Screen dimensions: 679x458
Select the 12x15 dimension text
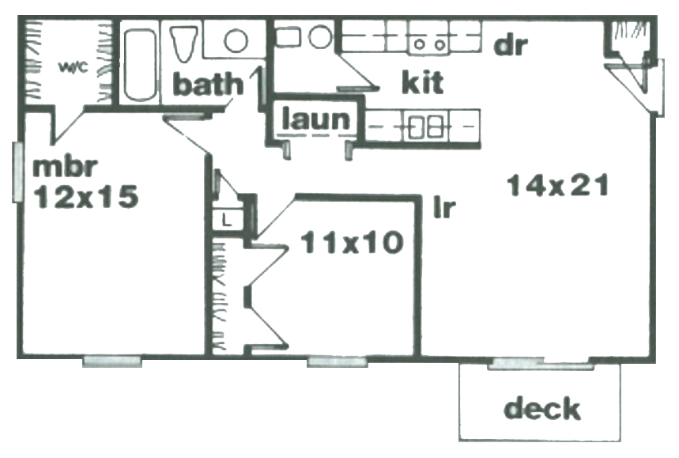point(86,197)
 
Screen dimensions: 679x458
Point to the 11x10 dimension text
point(352,242)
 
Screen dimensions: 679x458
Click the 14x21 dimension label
point(558,185)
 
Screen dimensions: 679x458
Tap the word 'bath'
point(209,84)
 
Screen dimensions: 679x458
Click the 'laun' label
point(315,119)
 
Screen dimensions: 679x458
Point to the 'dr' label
point(511,44)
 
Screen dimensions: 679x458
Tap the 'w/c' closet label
point(74,67)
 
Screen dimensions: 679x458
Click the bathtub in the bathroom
point(140,65)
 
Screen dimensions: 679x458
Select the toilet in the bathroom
point(184,44)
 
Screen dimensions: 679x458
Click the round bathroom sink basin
point(236,41)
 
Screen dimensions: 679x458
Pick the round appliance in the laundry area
point(320,37)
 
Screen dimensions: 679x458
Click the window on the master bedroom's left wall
point(17,172)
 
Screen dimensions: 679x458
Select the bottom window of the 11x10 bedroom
point(338,361)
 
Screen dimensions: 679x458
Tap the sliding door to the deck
point(541,364)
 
